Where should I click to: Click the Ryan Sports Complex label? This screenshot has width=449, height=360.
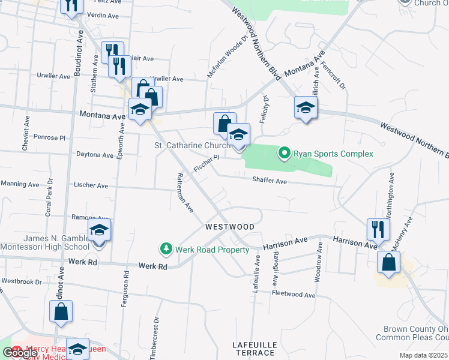point(333,154)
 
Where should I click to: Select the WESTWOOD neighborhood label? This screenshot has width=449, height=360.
point(230,227)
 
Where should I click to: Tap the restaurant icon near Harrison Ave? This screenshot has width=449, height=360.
point(378,229)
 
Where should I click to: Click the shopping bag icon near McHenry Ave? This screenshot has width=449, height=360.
point(388,262)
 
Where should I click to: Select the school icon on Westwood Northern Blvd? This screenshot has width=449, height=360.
point(306,108)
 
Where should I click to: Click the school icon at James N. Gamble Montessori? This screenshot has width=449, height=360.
point(99,230)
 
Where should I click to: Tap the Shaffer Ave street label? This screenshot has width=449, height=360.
point(270,180)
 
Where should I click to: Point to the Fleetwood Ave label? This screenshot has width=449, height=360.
point(294,295)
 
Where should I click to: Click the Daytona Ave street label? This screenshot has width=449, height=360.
point(95,155)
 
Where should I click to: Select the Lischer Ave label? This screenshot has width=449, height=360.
point(90,186)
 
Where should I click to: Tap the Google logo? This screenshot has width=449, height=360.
point(20,353)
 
